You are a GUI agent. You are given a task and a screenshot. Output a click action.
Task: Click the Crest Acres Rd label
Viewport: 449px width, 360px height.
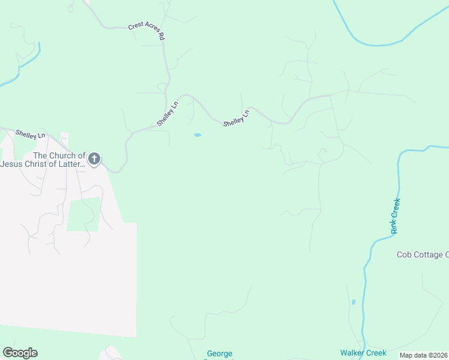[x=146, y=32]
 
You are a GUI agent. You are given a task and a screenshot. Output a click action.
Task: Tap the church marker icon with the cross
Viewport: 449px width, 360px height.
[x=94, y=159]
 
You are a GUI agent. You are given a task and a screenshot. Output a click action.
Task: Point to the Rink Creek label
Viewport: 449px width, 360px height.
[x=395, y=216]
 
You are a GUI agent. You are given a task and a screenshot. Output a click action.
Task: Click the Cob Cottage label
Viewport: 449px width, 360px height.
[x=422, y=254]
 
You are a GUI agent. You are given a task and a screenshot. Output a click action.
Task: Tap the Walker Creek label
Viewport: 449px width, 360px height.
[x=363, y=353]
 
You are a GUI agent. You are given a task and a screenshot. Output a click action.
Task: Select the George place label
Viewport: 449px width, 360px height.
[x=220, y=354]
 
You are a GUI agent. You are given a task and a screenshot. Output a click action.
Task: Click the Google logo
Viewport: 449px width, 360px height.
[x=20, y=353]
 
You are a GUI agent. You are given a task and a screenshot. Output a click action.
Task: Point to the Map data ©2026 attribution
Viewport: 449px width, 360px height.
[x=424, y=355]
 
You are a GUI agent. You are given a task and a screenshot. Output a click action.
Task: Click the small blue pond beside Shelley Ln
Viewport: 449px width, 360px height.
[x=197, y=135]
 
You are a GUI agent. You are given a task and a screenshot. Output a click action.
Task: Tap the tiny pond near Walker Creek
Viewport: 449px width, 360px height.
[x=353, y=301]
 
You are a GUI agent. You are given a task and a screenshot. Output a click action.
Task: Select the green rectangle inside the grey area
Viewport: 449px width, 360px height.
[x=83, y=214]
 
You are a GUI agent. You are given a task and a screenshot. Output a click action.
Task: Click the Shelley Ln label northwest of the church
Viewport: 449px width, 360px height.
[x=30, y=134]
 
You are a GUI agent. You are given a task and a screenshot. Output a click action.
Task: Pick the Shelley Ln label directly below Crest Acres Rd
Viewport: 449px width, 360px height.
[x=167, y=113]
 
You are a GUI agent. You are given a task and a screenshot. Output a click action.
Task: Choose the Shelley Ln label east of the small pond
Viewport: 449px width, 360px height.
[x=236, y=118]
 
